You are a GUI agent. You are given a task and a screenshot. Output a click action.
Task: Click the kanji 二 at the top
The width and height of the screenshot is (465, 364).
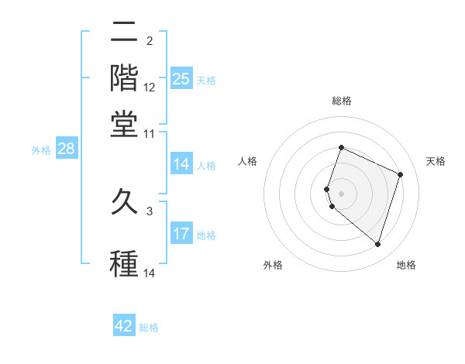(x=124, y=33)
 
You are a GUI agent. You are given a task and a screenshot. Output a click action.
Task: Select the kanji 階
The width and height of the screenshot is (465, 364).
(x=124, y=77)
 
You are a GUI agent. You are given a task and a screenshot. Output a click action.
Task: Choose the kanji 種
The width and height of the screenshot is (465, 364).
(x=124, y=263)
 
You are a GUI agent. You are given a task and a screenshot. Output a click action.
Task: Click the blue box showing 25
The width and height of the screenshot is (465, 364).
(x=181, y=78)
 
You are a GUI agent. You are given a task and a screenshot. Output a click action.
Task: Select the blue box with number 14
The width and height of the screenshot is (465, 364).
(x=181, y=164)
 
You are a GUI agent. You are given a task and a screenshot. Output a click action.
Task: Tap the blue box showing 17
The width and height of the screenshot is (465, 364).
(x=181, y=234)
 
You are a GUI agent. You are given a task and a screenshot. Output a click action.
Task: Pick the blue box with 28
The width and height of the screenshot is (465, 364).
(x=66, y=149)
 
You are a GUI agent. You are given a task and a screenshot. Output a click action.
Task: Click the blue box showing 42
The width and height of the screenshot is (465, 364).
(x=124, y=326)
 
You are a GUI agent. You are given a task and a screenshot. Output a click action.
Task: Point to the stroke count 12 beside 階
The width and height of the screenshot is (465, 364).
(x=150, y=88)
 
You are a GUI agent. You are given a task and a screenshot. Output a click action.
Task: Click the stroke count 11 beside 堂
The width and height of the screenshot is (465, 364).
(x=150, y=133)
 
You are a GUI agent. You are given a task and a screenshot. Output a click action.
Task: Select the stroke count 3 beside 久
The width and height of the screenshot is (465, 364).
(x=150, y=211)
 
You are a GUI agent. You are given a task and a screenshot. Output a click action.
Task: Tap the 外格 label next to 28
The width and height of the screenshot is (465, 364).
(x=41, y=150)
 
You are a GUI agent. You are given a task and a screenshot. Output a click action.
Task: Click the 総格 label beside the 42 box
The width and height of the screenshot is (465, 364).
(x=149, y=328)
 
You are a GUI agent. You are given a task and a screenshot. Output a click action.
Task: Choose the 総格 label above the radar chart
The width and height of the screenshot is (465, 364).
(x=342, y=101)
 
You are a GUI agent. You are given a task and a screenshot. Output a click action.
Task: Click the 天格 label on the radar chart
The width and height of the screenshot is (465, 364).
(x=436, y=161)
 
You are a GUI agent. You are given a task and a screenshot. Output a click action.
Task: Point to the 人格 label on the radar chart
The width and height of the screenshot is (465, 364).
(x=248, y=161)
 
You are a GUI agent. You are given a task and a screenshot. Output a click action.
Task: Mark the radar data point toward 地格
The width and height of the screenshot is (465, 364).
(x=377, y=245)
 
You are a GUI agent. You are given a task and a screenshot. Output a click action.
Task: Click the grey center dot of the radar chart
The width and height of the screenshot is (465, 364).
(x=342, y=192)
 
